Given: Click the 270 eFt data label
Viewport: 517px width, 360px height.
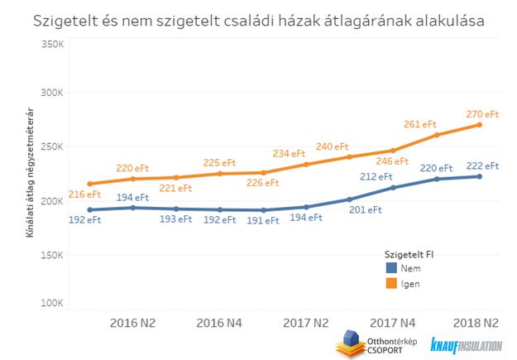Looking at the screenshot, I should pos(483,113).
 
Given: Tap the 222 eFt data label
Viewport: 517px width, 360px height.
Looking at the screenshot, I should pos(483,165).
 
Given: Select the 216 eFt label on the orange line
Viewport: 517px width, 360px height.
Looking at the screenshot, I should pos(84,194).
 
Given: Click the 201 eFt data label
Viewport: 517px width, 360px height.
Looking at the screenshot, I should pos(365,210).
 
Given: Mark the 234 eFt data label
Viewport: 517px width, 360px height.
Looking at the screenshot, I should pos(289,154).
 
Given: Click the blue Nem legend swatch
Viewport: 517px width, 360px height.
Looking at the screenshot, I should pos(391,268).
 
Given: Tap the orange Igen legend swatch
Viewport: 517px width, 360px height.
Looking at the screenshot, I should pos(391,284).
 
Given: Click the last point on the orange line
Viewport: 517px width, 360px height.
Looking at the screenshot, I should pos(479,125).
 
